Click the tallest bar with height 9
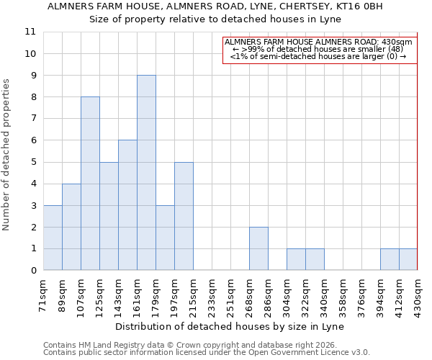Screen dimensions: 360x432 [146, 173]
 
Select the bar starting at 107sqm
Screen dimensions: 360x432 [90, 184]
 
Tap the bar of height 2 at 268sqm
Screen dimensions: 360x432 [258, 248]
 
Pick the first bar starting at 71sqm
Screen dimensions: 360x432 [53, 238]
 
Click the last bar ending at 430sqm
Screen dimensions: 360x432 [408, 259]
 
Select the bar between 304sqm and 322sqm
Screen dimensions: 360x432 [296, 259]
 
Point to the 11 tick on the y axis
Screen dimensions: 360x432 [30, 32]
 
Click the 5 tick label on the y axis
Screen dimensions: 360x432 [32, 162]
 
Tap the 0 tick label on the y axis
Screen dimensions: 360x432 [32, 271]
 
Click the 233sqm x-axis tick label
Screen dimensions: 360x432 [212, 294]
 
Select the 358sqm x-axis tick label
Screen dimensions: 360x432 [343, 294]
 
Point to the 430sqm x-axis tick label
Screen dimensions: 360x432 [418, 294]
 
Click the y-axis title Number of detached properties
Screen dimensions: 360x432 [6, 155]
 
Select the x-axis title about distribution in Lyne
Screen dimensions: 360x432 [230, 326]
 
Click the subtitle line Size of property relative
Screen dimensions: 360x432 [215, 19]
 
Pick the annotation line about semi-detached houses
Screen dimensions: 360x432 [318, 56]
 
